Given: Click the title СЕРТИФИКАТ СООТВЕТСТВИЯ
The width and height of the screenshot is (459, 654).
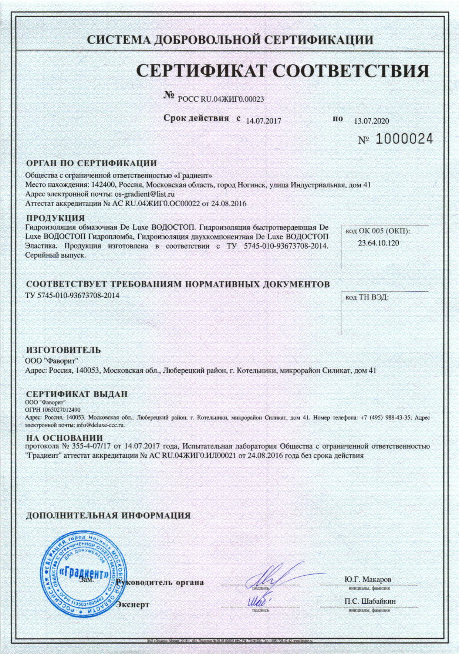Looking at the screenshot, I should pyautogui.click(x=283, y=70).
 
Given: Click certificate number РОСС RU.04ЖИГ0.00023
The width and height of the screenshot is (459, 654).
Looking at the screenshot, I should pyautogui.click(x=221, y=99).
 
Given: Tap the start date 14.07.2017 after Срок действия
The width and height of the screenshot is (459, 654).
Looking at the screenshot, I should pyautogui.click(x=264, y=121).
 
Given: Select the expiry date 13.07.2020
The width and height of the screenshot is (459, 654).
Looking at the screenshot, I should pyautogui.click(x=371, y=121).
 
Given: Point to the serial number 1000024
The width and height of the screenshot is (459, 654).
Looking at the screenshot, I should pyautogui.click(x=404, y=139).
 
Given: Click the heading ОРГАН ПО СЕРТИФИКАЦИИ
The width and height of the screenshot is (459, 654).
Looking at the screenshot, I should pyautogui.click(x=91, y=163).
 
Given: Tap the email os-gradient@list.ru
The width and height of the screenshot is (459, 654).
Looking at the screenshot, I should pyautogui.click(x=145, y=194).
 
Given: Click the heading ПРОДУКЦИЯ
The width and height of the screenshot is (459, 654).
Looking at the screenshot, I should pyautogui.click(x=55, y=218).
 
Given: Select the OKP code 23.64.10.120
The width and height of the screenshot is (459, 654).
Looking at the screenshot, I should pyautogui.click(x=378, y=243).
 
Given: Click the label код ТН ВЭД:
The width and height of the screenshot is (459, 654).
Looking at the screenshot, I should pyautogui.click(x=367, y=297).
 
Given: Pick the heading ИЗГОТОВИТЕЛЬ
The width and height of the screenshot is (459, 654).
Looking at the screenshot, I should pyautogui.click(x=63, y=350).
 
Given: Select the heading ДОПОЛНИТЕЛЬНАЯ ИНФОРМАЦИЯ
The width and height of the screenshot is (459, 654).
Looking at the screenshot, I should pyautogui.click(x=108, y=515).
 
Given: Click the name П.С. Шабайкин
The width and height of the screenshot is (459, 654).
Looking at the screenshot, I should pyautogui.click(x=370, y=601).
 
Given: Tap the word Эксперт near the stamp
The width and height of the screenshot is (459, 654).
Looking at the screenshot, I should pyautogui.click(x=133, y=605).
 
